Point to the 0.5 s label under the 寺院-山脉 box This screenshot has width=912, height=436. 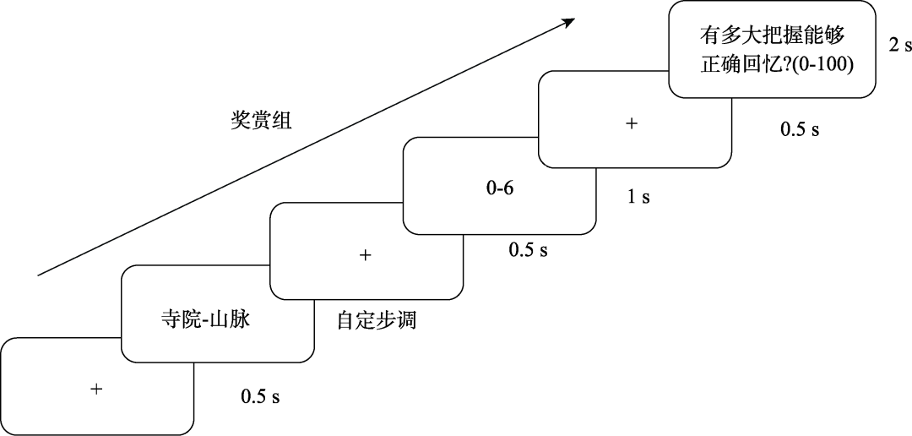[260, 396]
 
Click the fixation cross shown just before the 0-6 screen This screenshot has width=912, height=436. [366, 254]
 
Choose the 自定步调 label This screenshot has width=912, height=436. [377, 322]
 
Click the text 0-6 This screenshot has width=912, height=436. [499, 188]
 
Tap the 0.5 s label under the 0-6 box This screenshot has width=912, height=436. [529, 250]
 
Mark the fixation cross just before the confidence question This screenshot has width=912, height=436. [631, 123]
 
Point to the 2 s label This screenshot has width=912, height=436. [899, 45]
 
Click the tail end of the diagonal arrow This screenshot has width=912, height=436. [40, 275]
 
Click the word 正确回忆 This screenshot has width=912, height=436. [731, 64]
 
